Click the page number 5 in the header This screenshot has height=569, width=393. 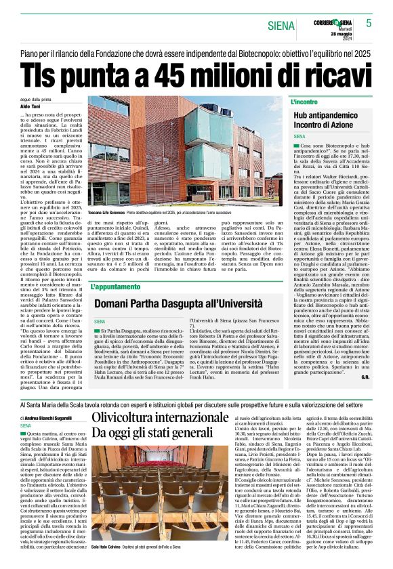click(x=369, y=22)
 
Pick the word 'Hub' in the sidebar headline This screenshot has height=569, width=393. click(x=301, y=117)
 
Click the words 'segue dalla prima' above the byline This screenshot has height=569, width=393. click(x=33, y=99)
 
